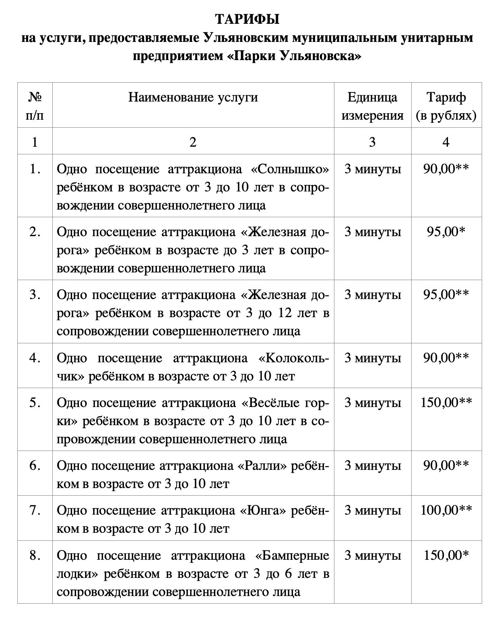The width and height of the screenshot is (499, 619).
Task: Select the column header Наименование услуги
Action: pos(193,97)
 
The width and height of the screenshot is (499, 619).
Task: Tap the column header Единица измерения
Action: pos(372,106)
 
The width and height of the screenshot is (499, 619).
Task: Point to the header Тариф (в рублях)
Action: pos(446,106)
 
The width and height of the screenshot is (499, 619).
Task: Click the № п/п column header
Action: pos(35,106)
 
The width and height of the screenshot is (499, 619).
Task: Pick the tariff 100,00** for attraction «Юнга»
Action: pos(446,511)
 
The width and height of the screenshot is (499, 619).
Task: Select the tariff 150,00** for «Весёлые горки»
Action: pos(446,403)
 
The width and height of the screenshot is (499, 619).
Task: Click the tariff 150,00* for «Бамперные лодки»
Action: pos(446,556)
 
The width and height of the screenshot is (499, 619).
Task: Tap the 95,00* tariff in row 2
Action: pos(446,232)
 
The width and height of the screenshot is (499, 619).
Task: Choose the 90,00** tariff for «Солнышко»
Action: pos(446,169)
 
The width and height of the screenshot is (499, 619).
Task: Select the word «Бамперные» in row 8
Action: pos(292,556)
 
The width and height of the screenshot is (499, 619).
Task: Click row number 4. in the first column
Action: pos(35,358)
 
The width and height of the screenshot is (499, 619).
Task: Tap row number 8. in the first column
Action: pos(35,556)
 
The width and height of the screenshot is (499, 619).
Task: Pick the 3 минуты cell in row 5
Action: pos(372,403)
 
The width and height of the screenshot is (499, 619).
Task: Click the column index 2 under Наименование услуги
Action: pos(193,142)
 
